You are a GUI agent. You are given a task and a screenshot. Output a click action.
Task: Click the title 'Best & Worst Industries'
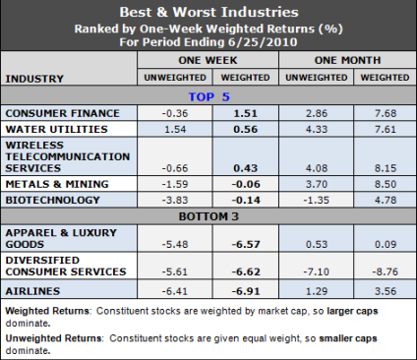click(208, 12)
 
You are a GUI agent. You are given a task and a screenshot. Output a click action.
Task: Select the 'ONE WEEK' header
click(208, 61)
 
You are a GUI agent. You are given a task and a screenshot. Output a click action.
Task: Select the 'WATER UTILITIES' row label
click(54, 129)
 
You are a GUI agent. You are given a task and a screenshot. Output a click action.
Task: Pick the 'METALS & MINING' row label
click(53, 183)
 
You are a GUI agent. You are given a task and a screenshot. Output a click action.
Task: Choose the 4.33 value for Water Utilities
click(312, 130)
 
